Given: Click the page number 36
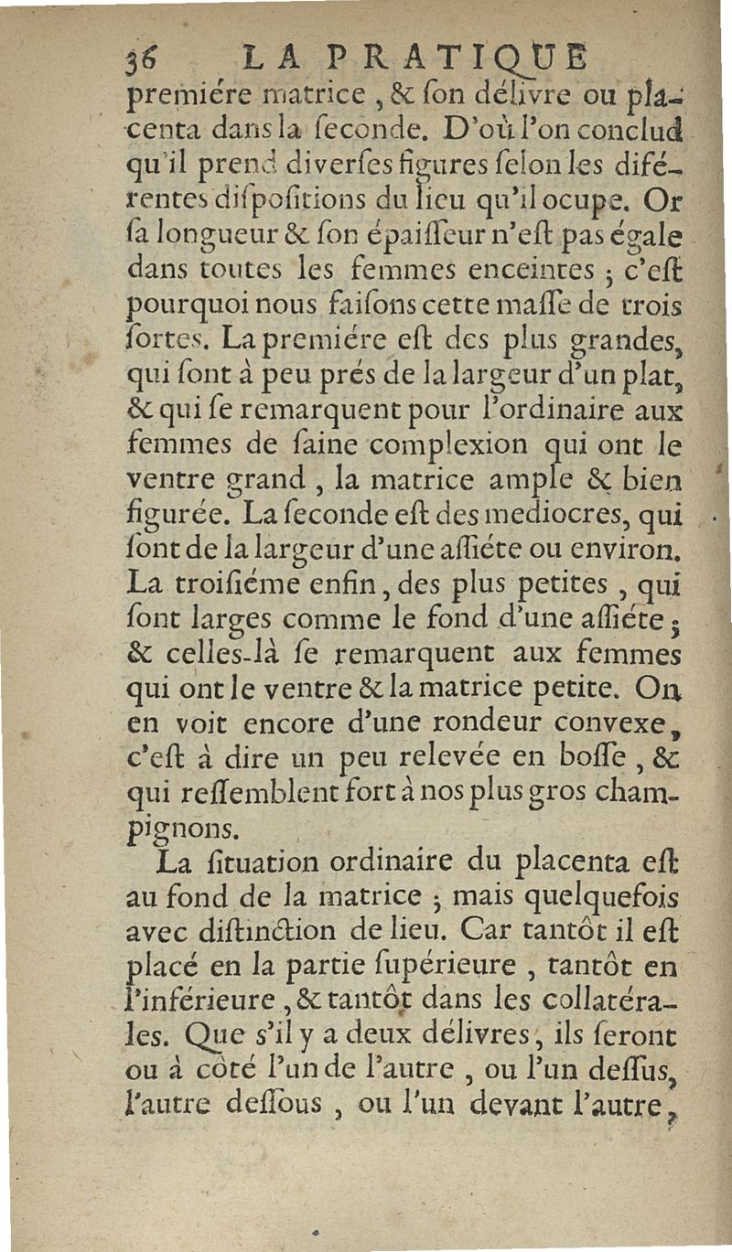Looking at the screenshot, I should (143, 61).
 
